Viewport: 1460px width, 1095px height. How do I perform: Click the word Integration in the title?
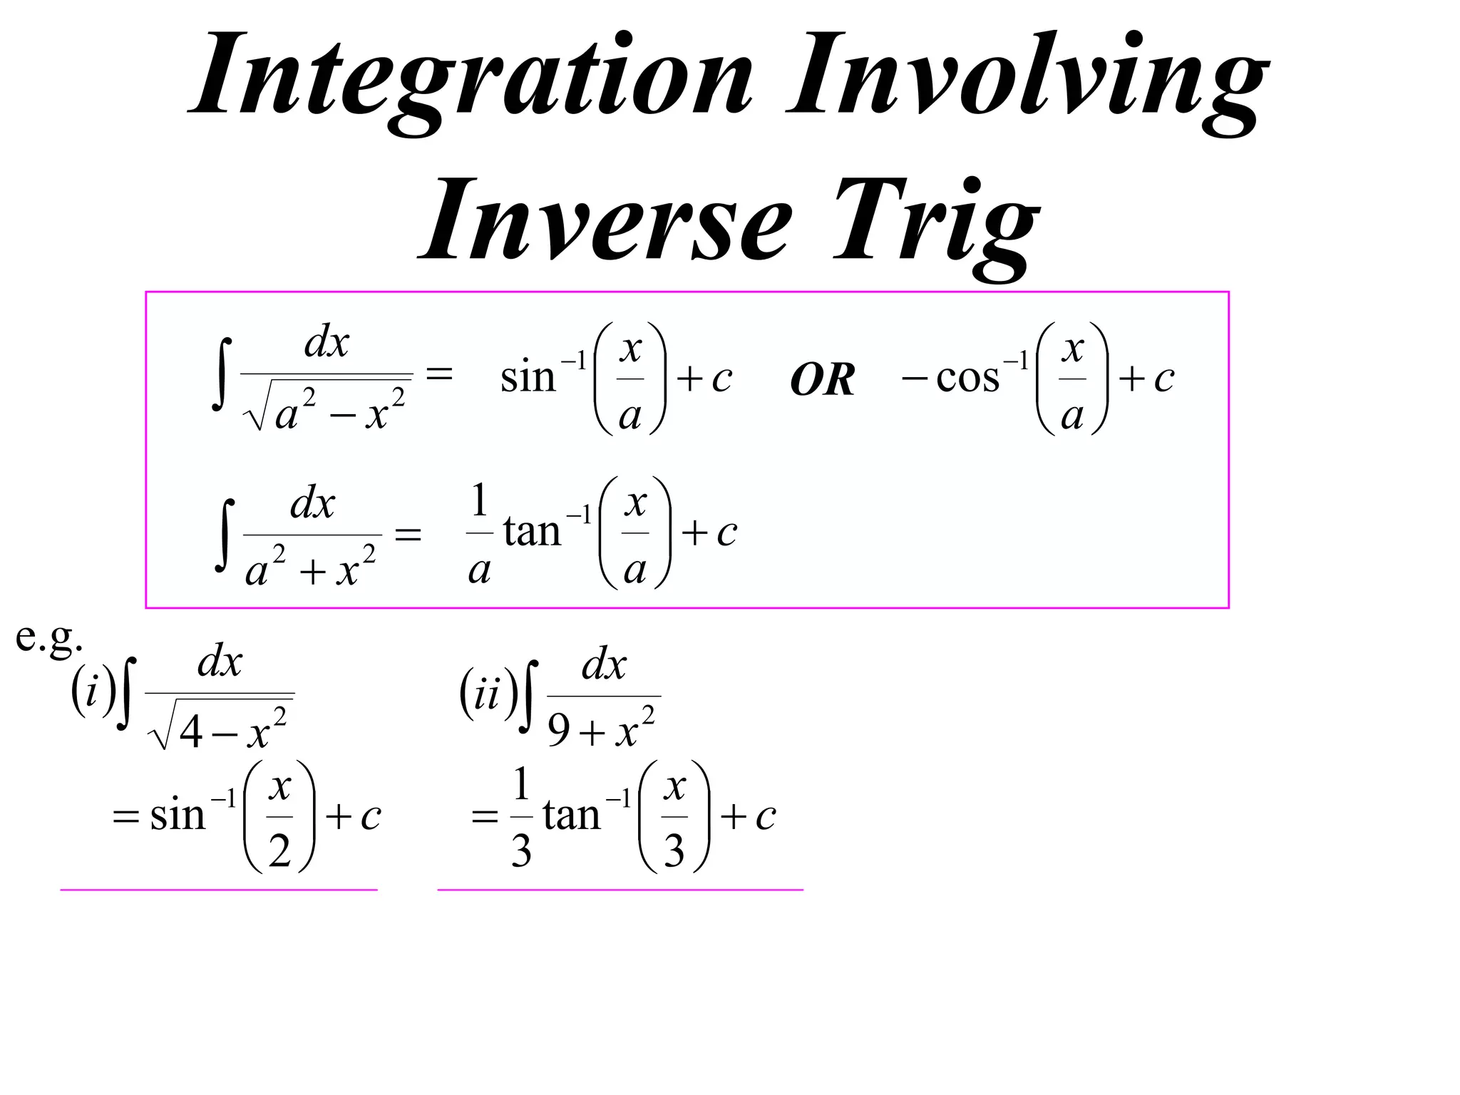(471, 75)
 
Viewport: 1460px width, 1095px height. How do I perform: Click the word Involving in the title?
(1027, 75)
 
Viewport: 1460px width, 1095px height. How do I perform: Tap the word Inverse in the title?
(606, 221)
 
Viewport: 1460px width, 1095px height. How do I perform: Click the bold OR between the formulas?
(822, 380)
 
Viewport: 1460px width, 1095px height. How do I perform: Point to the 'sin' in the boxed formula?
(528, 378)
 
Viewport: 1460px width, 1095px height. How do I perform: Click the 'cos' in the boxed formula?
(967, 378)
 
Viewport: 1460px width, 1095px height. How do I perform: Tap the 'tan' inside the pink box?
(532, 532)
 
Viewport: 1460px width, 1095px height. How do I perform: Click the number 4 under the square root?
(191, 731)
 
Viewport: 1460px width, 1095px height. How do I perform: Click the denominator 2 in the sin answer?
(279, 850)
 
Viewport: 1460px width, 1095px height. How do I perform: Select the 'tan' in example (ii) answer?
(571, 815)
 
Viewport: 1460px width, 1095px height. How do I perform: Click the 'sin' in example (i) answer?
(178, 815)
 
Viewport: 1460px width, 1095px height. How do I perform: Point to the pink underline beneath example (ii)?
(620, 890)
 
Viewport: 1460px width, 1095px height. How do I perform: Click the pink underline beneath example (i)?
(218, 890)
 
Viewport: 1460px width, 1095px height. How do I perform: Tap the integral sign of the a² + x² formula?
(225, 535)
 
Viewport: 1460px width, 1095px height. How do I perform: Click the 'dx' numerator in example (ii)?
(604, 666)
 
